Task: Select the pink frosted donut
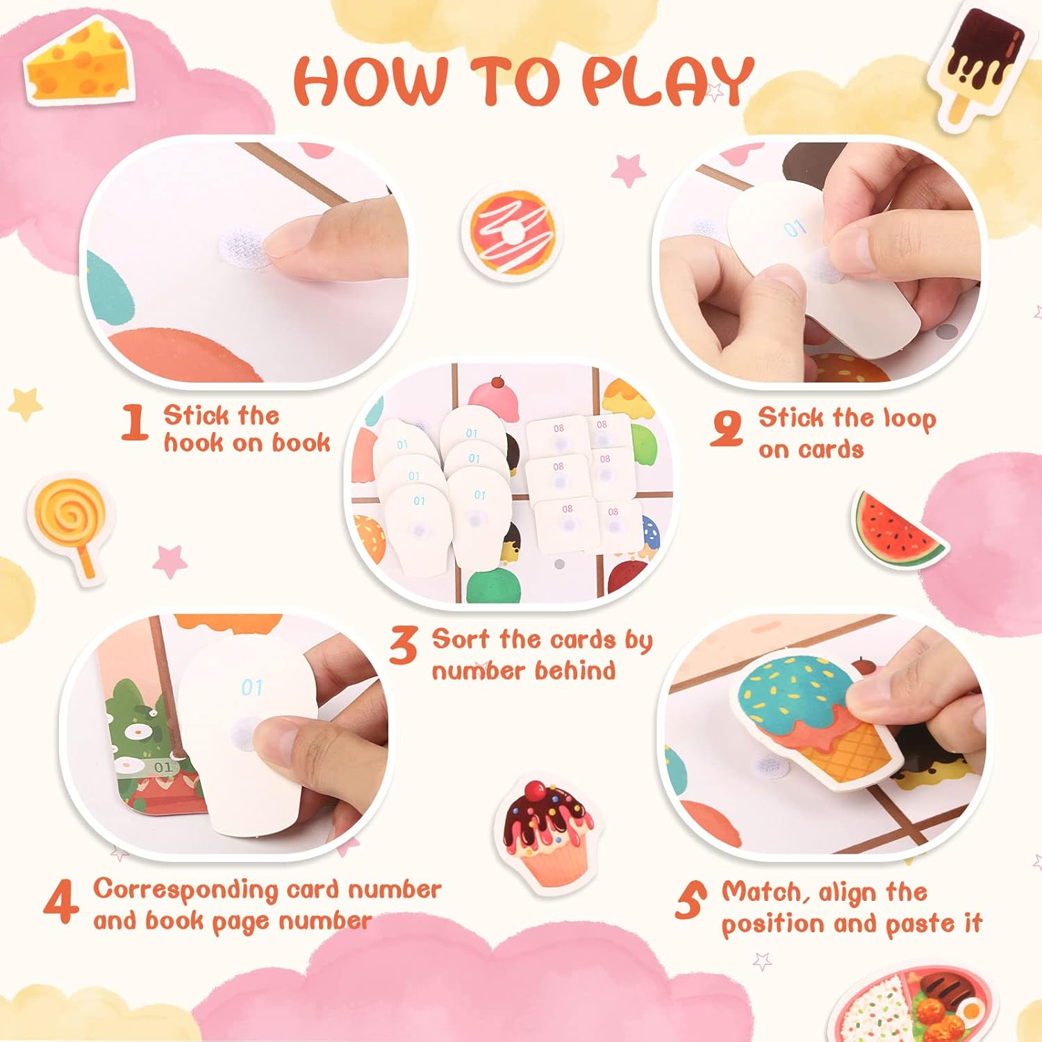pos(512,231)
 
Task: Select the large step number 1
pos(134,422)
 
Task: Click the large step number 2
pos(727,428)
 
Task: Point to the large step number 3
pos(403,645)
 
